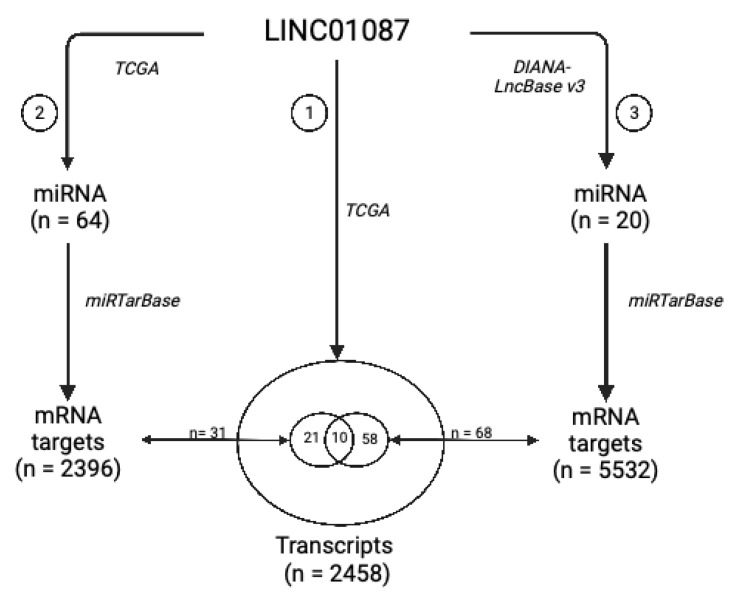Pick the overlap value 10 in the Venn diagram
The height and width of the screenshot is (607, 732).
tap(339, 439)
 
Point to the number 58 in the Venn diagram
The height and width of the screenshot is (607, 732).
tap(370, 439)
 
